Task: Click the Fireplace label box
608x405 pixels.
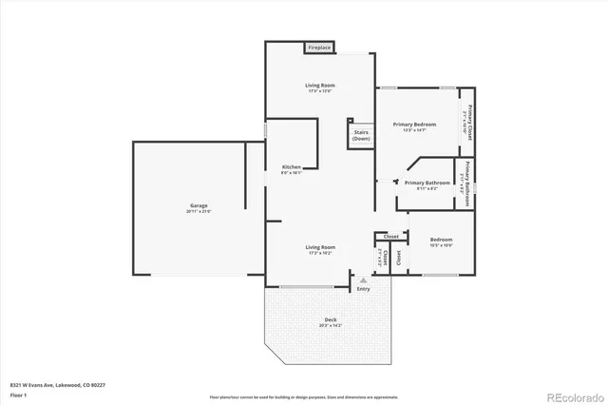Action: (318, 48)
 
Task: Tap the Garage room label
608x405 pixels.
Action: (198, 205)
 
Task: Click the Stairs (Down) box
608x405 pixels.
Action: (361, 136)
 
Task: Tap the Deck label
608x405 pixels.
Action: (331, 319)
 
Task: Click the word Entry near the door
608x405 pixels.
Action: (363, 289)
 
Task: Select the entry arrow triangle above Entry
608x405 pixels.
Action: (363, 280)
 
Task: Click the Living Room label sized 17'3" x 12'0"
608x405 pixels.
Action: (320, 86)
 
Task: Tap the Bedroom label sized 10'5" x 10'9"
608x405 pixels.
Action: (440, 240)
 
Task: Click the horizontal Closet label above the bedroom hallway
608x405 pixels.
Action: (390, 236)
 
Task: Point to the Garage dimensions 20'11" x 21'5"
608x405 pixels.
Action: (198, 212)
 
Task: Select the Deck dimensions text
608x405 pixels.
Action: (331, 326)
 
